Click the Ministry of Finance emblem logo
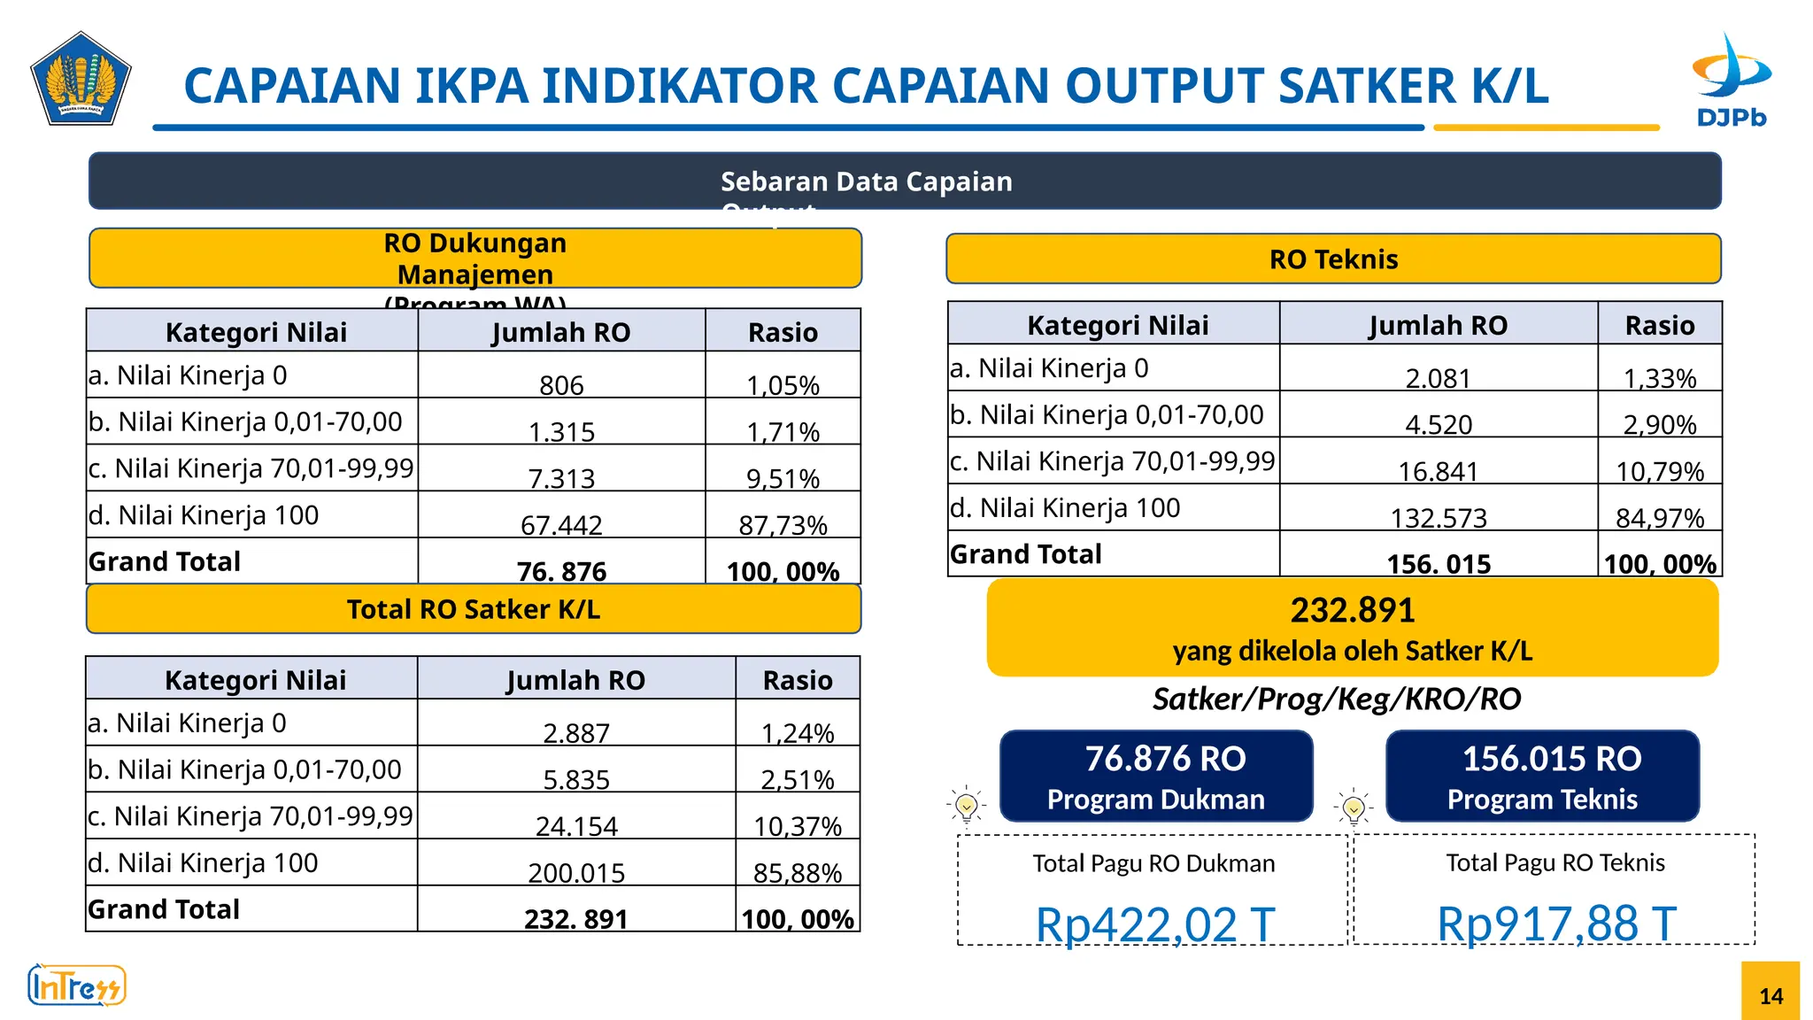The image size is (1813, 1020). (x=81, y=80)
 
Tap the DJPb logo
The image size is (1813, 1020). (x=1731, y=81)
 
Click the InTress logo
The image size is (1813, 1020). (x=77, y=985)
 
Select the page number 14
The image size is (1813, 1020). (x=1771, y=996)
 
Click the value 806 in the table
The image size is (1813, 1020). (x=561, y=385)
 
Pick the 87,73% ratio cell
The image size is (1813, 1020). (x=783, y=525)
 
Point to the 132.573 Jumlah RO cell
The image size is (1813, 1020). (x=1439, y=518)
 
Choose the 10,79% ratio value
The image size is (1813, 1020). (x=1660, y=471)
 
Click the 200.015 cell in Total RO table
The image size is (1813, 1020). (x=576, y=873)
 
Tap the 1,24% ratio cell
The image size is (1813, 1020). (x=798, y=733)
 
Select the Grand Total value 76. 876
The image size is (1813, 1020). (x=561, y=571)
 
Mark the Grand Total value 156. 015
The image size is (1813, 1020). (x=1439, y=564)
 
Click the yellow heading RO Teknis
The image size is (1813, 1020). (x=1333, y=259)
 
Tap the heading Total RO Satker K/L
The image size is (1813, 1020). (x=474, y=609)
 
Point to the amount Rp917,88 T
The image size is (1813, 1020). (x=1556, y=924)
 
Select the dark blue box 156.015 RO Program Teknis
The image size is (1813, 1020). (x=1542, y=777)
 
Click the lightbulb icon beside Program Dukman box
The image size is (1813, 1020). (x=967, y=806)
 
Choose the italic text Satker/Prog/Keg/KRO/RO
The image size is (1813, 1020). (x=1336, y=699)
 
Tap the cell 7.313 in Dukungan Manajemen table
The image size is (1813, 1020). (x=561, y=478)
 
